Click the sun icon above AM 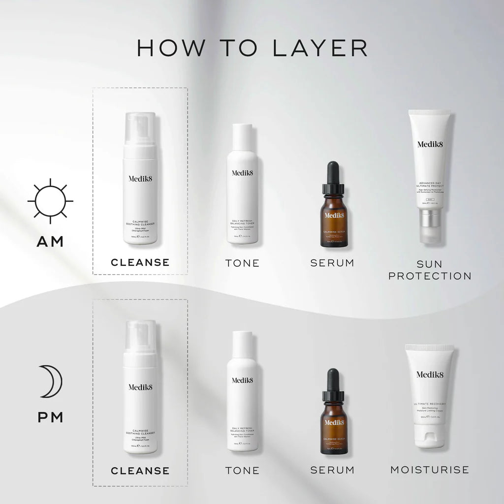pos(50,201)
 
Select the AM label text pos(50,242)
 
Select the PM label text pos(50,417)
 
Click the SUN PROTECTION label pos(430,269)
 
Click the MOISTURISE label pos(430,470)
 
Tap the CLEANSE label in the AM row pos(140,262)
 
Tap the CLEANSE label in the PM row pos(140,471)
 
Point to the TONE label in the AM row pos(242,263)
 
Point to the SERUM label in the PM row pos(332,471)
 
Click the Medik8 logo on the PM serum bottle pos(334,422)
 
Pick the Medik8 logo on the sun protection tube pos(430,144)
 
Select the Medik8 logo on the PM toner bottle pos(242,380)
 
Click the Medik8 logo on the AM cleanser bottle pos(140,178)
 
